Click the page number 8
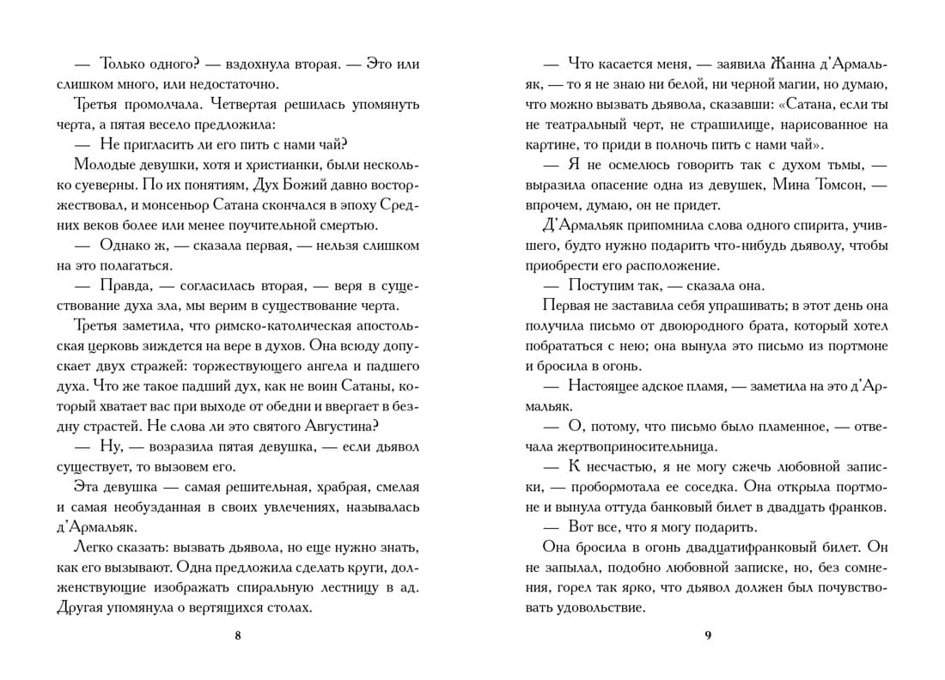pyautogui.click(x=238, y=635)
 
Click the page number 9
pyautogui.click(x=707, y=635)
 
